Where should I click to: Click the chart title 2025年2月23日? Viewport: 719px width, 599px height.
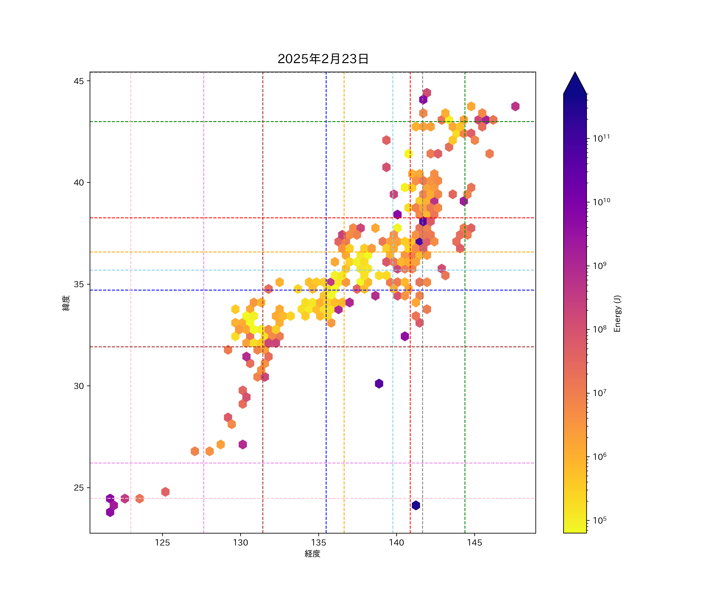(x=323, y=59)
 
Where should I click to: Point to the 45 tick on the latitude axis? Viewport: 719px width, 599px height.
(x=78, y=81)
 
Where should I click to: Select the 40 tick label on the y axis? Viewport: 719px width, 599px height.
(x=78, y=183)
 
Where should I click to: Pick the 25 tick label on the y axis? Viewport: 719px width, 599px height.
(x=78, y=488)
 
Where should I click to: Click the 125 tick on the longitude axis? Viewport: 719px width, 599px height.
(x=162, y=542)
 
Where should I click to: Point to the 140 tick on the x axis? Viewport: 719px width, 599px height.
(x=396, y=542)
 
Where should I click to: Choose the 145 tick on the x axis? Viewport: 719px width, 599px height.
(x=475, y=542)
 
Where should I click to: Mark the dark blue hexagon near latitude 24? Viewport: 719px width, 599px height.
(x=416, y=505)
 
